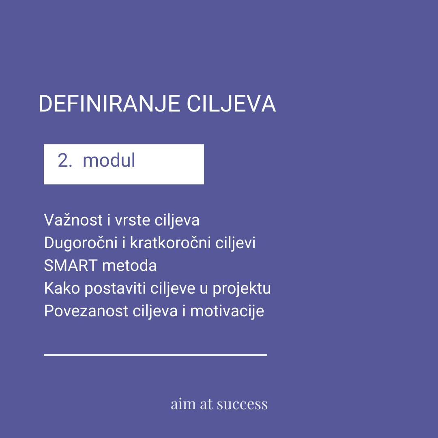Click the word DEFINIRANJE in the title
click(109, 104)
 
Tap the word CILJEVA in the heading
click(231, 104)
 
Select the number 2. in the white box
click(65, 160)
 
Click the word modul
click(109, 160)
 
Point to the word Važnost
click(73, 220)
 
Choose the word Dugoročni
click(81, 243)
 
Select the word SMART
click(71, 265)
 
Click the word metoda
click(129, 265)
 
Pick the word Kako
click(62, 288)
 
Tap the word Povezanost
click(86, 311)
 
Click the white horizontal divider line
click(155, 355)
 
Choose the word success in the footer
click(242, 405)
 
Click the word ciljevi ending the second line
click(235, 243)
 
